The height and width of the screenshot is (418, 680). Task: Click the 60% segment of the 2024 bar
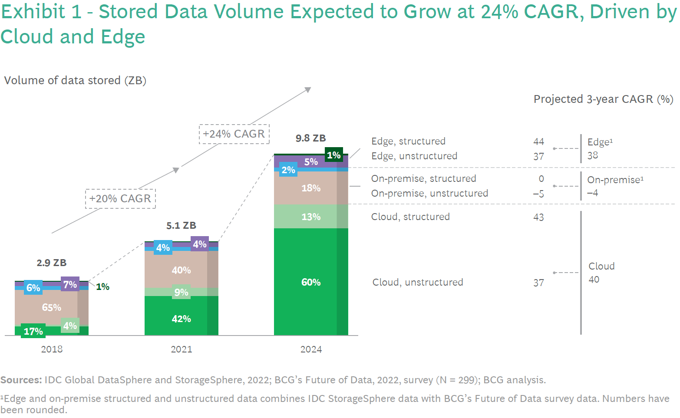click(x=311, y=282)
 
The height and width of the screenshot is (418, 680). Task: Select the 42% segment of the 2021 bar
click(x=181, y=319)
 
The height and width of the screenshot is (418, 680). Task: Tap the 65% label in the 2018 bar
click(x=51, y=307)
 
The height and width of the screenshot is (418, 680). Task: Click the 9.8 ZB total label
click(x=310, y=138)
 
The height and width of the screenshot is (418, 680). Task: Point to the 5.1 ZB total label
click(x=181, y=225)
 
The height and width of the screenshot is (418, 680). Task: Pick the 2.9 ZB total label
click(x=51, y=263)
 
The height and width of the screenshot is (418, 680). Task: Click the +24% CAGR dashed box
click(x=234, y=134)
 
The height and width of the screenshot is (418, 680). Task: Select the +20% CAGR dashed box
click(x=120, y=198)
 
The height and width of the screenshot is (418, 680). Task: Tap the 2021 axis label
click(x=181, y=349)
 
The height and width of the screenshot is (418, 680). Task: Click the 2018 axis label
click(x=52, y=349)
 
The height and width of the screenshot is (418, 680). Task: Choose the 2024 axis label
click(x=311, y=349)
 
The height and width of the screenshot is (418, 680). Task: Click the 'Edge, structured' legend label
click(x=408, y=141)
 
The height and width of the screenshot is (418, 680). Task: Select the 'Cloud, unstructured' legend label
click(x=417, y=282)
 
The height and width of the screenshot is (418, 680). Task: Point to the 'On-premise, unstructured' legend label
click(x=429, y=193)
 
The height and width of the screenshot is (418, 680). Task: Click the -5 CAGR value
click(x=538, y=194)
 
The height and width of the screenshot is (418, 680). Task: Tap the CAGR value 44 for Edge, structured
click(x=538, y=142)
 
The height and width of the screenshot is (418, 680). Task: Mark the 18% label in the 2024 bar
click(x=311, y=188)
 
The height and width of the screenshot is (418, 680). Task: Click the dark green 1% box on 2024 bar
click(x=333, y=155)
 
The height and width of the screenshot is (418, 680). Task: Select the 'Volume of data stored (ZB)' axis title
click(x=75, y=80)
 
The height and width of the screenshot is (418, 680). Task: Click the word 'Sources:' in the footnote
click(x=21, y=380)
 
